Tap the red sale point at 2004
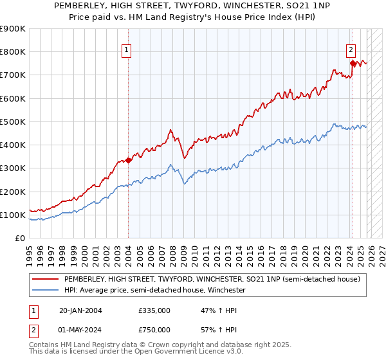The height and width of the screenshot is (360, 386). pos(129,160)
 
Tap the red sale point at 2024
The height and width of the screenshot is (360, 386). pos(353,63)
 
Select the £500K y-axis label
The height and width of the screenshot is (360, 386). pos(12,122)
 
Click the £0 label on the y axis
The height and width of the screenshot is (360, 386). pos(19,238)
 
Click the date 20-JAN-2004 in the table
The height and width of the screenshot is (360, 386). pos(80,310)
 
